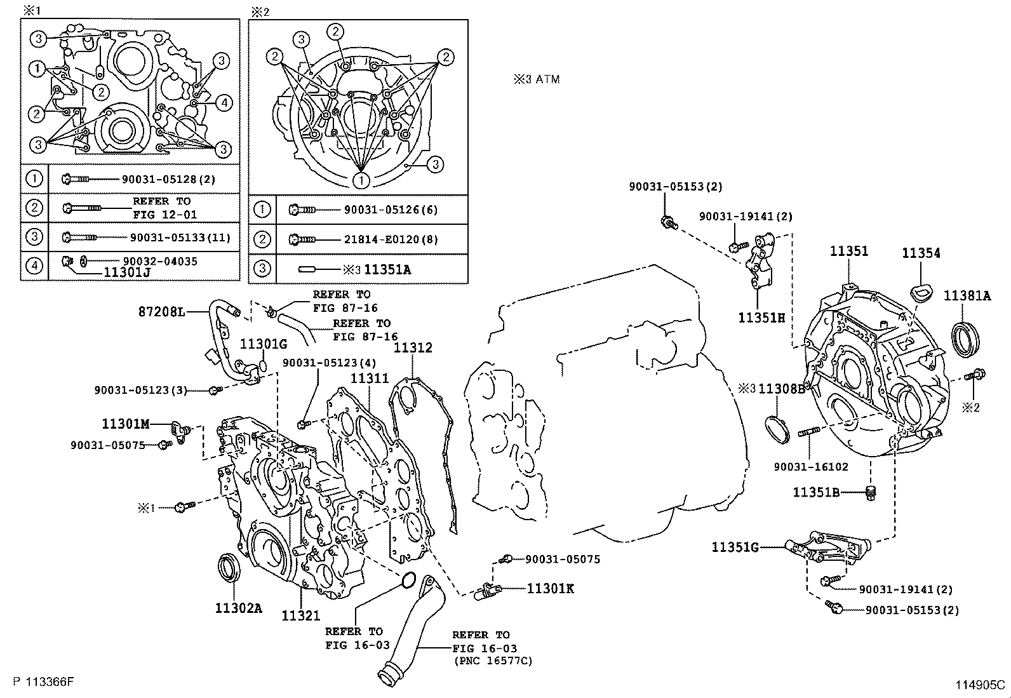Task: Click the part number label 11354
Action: [921, 253]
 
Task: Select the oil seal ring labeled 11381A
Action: [967, 337]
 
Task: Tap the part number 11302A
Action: [238, 608]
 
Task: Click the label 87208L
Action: [161, 312]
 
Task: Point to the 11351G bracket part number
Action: [735, 547]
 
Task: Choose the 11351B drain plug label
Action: [816, 492]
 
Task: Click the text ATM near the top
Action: [547, 79]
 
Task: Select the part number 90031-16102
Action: [811, 467]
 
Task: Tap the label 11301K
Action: [550, 589]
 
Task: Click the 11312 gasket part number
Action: [413, 347]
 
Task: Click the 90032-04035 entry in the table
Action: [160, 261]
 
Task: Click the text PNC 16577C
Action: [492, 661]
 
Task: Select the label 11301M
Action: [126, 423]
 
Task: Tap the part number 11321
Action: [301, 615]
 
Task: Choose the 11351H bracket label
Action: [761, 317]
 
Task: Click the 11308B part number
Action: [782, 388]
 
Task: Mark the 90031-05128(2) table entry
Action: [168, 179]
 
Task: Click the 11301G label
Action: [264, 344]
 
